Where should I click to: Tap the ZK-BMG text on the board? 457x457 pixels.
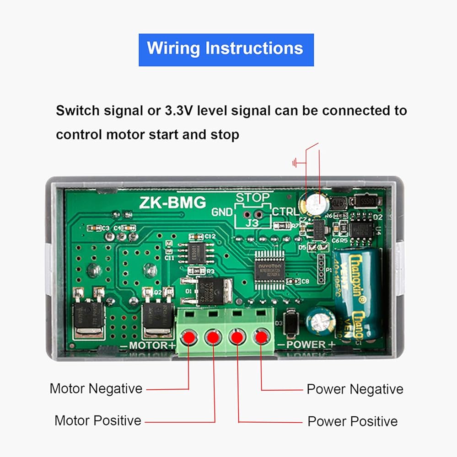tap(173, 202)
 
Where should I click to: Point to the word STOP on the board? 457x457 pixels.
tap(253, 198)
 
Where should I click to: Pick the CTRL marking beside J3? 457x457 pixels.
tap(285, 212)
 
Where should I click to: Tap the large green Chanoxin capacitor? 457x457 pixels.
tap(357, 292)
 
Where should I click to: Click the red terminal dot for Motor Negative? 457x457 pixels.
tap(188, 338)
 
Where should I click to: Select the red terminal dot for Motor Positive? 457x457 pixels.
tap(213, 338)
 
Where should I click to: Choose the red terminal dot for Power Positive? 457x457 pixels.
tap(237, 338)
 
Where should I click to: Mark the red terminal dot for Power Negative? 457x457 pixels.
tap(261, 338)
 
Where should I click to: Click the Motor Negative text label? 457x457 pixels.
tap(96, 389)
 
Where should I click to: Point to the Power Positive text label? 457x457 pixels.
tap(352, 421)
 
